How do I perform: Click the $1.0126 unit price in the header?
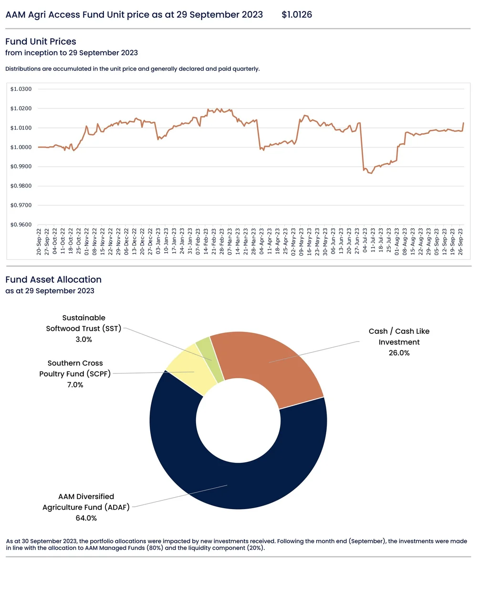[297, 15]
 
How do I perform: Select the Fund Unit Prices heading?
[41, 42]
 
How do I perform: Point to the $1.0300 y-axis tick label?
[21, 89]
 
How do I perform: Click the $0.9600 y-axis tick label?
[21, 224]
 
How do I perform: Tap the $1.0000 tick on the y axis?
[21, 147]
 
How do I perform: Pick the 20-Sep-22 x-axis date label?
[39, 241]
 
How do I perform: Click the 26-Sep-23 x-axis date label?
[460, 241]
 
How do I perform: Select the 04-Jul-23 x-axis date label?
[365, 241]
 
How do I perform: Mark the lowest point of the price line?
[371, 173]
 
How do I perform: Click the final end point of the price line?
[463, 123]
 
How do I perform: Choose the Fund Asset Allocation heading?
[53, 280]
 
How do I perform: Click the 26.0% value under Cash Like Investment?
[399, 353]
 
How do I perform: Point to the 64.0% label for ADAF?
[86, 518]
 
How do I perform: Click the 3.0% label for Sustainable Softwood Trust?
[83, 340]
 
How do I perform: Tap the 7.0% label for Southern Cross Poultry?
[75, 385]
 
